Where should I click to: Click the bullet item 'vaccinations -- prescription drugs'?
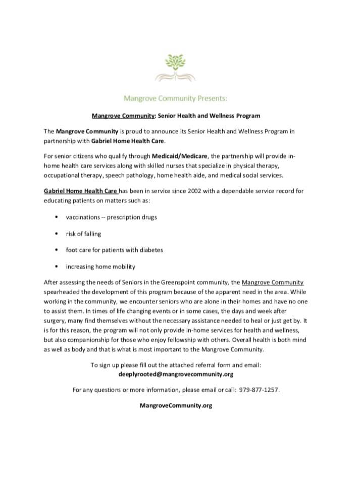point(111,217)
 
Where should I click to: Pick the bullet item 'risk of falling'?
point(83,234)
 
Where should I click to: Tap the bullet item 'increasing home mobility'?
point(100,266)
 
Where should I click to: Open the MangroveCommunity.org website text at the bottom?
point(176,406)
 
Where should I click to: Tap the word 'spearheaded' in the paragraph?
point(62,292)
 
